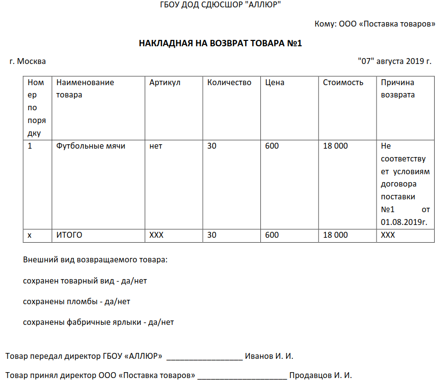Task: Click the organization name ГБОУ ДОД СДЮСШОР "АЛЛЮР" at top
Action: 221,5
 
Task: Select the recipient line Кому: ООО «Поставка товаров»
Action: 375,24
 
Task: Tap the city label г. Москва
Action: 28,62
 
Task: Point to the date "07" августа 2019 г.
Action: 395,62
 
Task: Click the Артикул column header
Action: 165,83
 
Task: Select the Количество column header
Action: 229,83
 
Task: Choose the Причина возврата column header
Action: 398,89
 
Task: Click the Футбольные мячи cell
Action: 91,146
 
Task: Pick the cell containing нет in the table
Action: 156,146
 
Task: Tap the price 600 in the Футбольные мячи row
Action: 272,146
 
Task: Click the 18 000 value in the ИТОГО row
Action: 335,235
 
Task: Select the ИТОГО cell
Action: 69,235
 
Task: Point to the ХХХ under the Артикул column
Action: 157,235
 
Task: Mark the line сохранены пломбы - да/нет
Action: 76,302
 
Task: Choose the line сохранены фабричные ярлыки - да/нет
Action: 98,322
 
